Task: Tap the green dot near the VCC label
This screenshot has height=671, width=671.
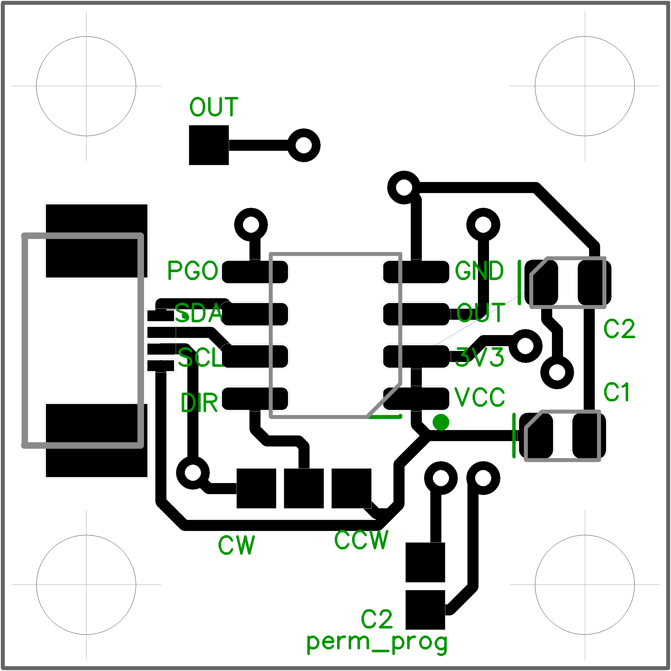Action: click(x=441, y=422)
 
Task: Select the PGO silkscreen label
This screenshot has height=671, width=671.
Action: click(x=192, y=270)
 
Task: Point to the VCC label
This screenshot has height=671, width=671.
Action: click(x=479, y=397)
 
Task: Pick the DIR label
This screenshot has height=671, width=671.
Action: click(x=199, y=403)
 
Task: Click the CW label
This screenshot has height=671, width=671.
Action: click(x=236, y=545)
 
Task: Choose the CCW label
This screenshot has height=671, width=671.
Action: click(x=361, y=540)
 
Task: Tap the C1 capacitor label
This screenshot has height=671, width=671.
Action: click(x=617, y=392)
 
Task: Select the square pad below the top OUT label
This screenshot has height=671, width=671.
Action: click(x=209, y=145)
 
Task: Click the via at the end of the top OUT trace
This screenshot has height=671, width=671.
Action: click(x=304, y=145)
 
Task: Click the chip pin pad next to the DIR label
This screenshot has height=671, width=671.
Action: click(x=255, y=399)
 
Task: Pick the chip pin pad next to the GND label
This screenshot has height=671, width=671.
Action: click(x=416, y=272)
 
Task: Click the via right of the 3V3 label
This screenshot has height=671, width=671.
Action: click(x=526, y=346)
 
